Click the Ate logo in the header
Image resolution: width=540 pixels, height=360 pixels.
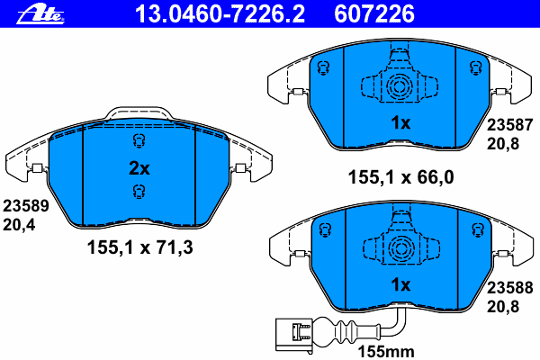tap(40, 14)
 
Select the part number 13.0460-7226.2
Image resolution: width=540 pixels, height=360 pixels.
tap(220, 14)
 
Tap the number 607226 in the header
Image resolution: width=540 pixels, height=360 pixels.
tap(374, 14)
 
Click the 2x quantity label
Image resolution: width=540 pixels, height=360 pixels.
tap(139, 168)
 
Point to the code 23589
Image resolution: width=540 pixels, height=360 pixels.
tap(26, 206)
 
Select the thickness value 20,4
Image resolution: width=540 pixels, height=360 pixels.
tap(19, 225)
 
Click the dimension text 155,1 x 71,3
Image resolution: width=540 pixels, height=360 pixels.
tap(139, 247)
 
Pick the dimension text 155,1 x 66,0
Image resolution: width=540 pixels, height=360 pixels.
tap(400, 177)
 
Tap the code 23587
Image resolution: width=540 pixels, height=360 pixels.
tap(509, 125)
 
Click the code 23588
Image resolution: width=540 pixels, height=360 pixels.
tap(509, 287)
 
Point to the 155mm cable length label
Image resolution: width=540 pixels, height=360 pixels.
tap(386, 352)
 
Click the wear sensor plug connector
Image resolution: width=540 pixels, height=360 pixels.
tap(293, 335)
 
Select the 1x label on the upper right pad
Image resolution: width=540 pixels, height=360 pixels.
tap(400, 122)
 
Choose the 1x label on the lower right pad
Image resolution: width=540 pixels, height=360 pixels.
tap(400, 285)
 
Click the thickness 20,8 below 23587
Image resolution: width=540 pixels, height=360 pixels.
tap(503, 144)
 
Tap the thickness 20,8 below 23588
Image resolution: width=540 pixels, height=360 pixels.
tap(503, 306)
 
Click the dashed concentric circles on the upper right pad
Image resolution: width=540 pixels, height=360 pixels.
tap(399, 86)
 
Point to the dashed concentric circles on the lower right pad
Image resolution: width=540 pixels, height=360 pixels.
tap(400, 248)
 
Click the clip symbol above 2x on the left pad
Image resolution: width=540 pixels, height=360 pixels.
tap(139, 141)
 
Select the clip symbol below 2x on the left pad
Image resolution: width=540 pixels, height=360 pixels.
tap(139, 192)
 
